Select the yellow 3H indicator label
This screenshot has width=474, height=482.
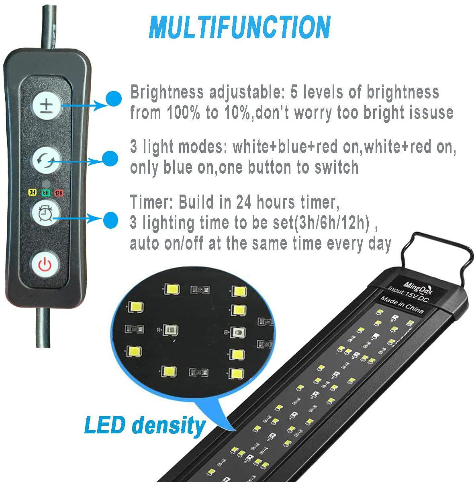pos(32,193)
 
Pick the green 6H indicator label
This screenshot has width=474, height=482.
pos(46,193)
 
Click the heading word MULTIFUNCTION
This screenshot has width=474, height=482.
pos(239,27)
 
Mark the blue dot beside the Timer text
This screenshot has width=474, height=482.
pos(110,219)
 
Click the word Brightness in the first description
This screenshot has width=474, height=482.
pos(167,92)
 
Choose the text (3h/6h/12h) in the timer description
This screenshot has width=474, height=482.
pos(332,223)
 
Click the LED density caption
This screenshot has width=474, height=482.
pos(145,425)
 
